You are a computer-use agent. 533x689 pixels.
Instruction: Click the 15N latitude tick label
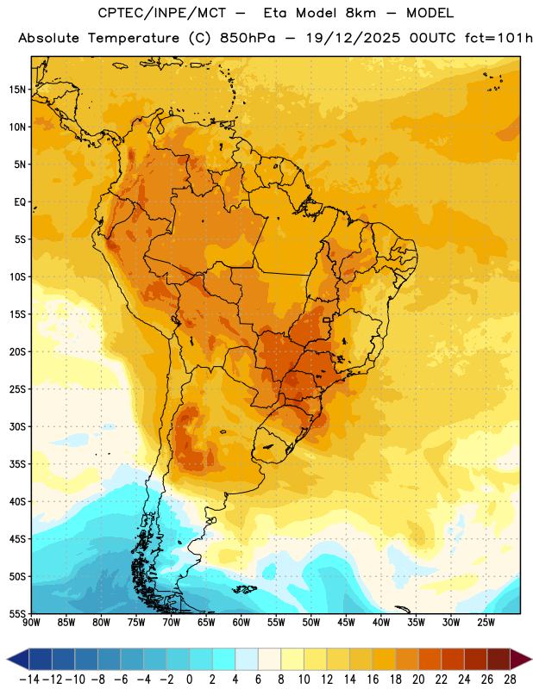point(17,90)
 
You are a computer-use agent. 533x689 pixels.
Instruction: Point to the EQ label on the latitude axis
point(20,202)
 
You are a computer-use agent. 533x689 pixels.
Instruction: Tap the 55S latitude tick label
point(17,613)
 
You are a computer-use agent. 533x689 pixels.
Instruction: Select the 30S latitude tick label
point(17,426)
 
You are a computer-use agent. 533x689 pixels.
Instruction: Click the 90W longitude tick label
point(31,623)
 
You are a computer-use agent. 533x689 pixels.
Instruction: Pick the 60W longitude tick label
point(241,623)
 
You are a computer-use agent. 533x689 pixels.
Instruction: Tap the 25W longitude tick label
point(486,623)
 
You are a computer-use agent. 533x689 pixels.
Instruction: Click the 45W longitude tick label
point(346,623)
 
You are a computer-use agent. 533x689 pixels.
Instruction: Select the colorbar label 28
point(510,680)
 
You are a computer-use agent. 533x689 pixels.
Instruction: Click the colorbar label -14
point(29,680)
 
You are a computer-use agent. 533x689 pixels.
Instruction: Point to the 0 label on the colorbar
point(189,680)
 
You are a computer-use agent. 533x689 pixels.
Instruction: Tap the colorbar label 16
point(373,680)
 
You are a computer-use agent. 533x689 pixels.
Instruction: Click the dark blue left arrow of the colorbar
point(18,659)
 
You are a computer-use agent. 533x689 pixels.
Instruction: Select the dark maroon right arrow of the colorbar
point(521,659)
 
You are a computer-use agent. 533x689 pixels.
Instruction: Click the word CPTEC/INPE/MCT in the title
point(161,13)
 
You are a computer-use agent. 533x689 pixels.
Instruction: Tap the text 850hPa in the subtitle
point(248,38)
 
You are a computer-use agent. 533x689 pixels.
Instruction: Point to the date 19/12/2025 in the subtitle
point(354,38)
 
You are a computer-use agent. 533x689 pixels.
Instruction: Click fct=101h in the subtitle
point(499,38)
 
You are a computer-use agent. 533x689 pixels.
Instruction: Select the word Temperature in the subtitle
point(134,38)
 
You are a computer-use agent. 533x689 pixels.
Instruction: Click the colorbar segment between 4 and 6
point(247,659)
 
